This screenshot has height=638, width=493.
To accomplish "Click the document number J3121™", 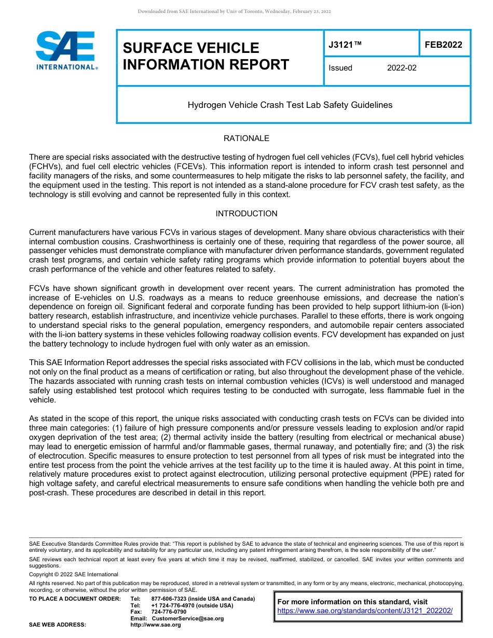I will pos(345,45).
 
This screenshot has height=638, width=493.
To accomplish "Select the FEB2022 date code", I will pos(443,45).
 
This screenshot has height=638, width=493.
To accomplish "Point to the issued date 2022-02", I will pos(402,68).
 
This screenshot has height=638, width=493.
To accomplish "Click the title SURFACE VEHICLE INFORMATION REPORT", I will pos(206,56).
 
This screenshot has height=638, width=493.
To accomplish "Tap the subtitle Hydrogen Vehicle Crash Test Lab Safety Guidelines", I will pos(290,105).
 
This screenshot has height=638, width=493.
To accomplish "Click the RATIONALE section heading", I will pos(246,138).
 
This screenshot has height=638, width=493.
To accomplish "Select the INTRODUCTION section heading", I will pos(246,214).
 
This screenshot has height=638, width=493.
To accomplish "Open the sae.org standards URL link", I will pos(365,611).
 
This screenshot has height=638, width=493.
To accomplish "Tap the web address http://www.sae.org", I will pos(156,625).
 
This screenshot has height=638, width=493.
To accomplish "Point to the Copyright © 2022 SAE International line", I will pos(74,574).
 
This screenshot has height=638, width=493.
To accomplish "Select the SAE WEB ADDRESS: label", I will pos(57,625).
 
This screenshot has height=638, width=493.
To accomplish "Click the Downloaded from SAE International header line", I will pos(234,11).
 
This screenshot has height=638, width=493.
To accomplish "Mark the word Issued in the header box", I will pos(340,68).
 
